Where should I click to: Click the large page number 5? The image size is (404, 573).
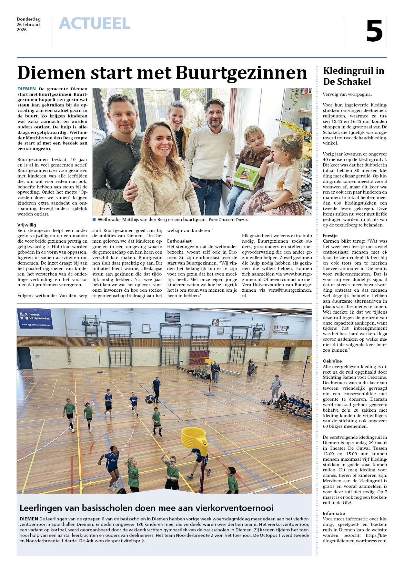pos(374,31)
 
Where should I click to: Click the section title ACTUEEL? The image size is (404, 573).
pos(95,24)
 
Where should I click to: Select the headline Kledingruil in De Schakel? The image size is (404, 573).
pos(353,76)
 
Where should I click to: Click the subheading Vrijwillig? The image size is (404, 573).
pos(27,225)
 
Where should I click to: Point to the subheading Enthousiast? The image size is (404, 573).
pos(179,241)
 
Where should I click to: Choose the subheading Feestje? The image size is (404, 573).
pos(330,236)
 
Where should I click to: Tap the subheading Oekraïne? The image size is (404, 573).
pos(332,361)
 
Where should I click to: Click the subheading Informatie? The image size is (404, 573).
pos(334,513)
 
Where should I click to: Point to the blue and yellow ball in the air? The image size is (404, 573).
pos(149,399)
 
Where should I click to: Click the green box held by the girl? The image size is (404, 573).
pos(246,176)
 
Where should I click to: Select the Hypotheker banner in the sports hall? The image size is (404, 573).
pos(35,318)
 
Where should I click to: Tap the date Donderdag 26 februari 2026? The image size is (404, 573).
pos(29,25)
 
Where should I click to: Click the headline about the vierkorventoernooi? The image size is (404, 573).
pos(146,508)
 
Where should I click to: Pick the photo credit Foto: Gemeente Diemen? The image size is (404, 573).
pos(228,220)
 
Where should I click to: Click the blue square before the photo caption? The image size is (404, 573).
pos(94,219)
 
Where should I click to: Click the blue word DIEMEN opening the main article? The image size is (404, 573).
pos(26,89)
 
